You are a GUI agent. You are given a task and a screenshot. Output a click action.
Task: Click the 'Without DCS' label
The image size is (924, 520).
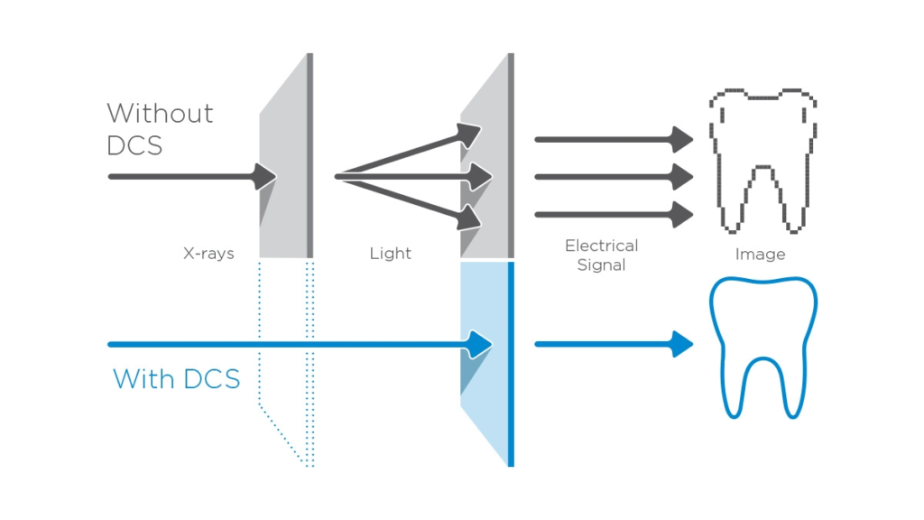160,128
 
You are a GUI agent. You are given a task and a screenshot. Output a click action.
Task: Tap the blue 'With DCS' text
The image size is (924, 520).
176,378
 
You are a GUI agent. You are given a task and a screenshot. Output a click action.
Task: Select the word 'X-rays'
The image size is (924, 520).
208,254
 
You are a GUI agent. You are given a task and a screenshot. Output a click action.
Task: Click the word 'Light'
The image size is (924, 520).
390,254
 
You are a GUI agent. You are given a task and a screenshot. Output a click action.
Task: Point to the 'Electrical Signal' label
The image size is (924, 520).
601,255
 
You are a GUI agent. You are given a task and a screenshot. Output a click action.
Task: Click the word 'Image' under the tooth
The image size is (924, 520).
760,255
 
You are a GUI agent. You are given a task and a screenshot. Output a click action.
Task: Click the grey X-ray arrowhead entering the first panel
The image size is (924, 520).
264,176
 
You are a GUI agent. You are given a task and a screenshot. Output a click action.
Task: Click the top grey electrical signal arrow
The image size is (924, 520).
614,140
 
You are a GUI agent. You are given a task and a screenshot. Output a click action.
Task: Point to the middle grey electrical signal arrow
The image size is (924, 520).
614,176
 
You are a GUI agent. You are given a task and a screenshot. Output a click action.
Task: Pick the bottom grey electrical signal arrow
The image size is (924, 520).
614,214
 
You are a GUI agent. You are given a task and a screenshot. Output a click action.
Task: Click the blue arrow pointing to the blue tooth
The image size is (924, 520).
614,344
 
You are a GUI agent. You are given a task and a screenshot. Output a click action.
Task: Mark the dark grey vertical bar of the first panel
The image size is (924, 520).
310,155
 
